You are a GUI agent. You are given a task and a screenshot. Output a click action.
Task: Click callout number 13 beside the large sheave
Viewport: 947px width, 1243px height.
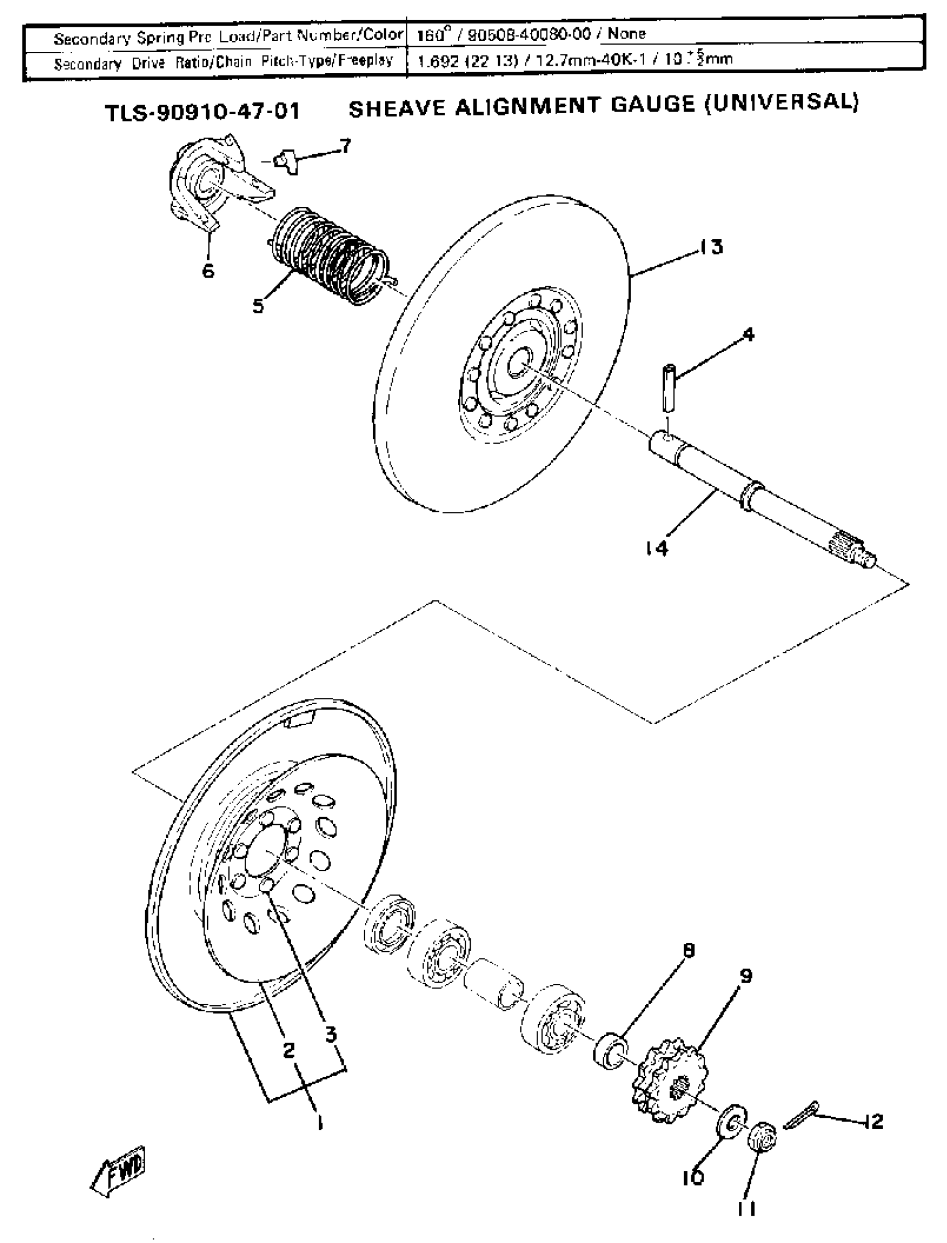pyautogui.click(x=712, y=247)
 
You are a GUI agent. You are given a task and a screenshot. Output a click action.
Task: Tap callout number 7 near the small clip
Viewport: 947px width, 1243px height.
pyautogui.click(x=345, y=146)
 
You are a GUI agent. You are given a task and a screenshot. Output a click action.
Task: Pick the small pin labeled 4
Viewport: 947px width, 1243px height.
pyautogui.click(x=669, y=388)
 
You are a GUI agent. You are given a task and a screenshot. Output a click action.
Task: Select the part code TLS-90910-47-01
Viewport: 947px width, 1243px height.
pyautogui.click(x=202, y=111)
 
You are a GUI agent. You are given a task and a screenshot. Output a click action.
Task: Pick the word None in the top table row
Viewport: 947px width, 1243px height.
pyautogui.click(x=627, y=33)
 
